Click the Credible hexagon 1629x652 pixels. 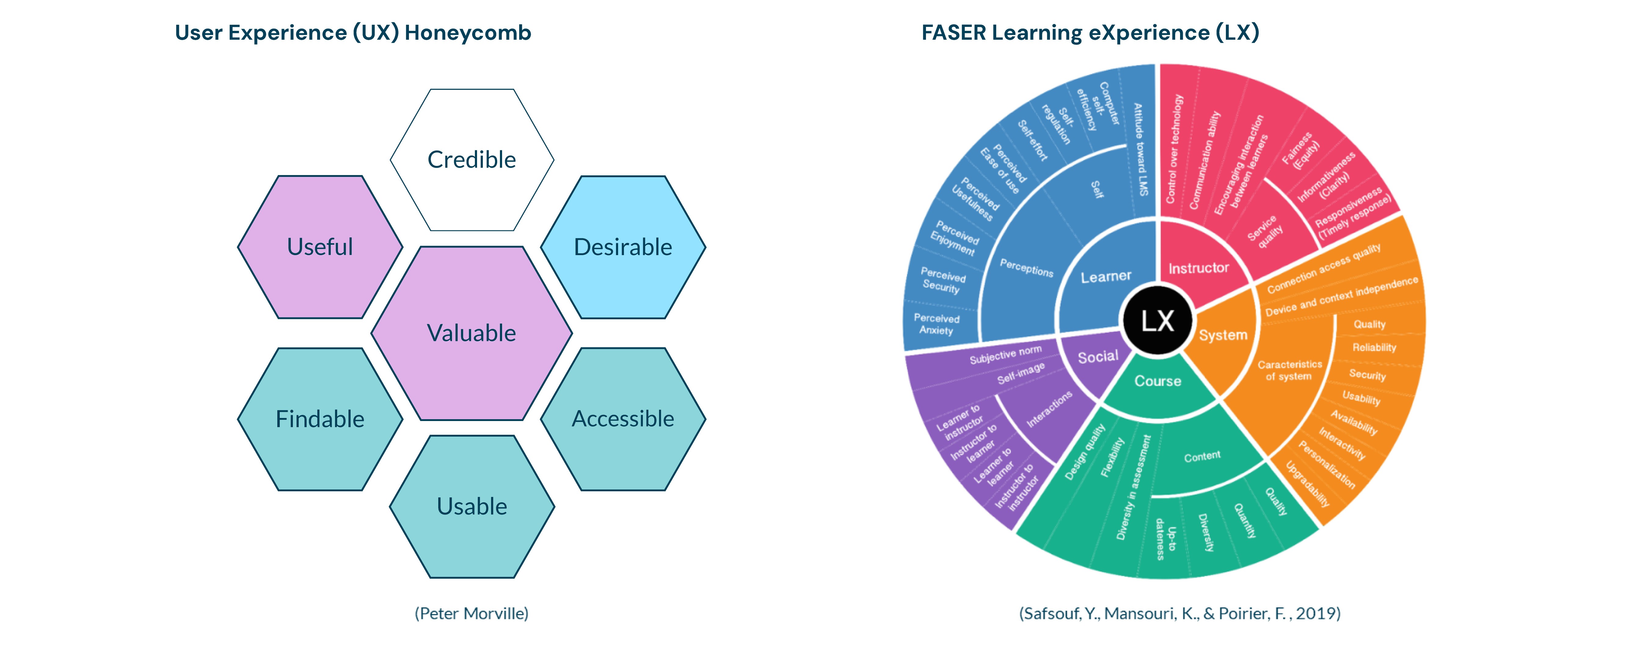pyautogui.click(x=472, y=159)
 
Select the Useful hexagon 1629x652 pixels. pyautogui.click(x=320, y=247)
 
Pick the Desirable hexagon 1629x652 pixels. pyautogui.click(x=623, y=247)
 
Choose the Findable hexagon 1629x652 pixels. pyautogui.click(x=320, y=419)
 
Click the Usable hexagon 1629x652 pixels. pyautogui.click(x=472, y=506)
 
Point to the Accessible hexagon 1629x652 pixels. pyautogui.click(x=623, y=419)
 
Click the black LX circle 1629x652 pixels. pyautogui.click(x=1157, y=321)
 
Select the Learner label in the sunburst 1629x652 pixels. pyautogui.click(x=1106, y=277)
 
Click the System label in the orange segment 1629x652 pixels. pyautogui.click(x=1223, y=335)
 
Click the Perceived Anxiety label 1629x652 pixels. pyautogui.click(x=937, y=324)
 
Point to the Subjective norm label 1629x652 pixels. pyautogui.click(x=1005, y=355)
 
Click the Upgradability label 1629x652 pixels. pyautogui.click(x=1308, y=484)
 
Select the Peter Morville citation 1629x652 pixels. pyautogui.click(x=472, y=614)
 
